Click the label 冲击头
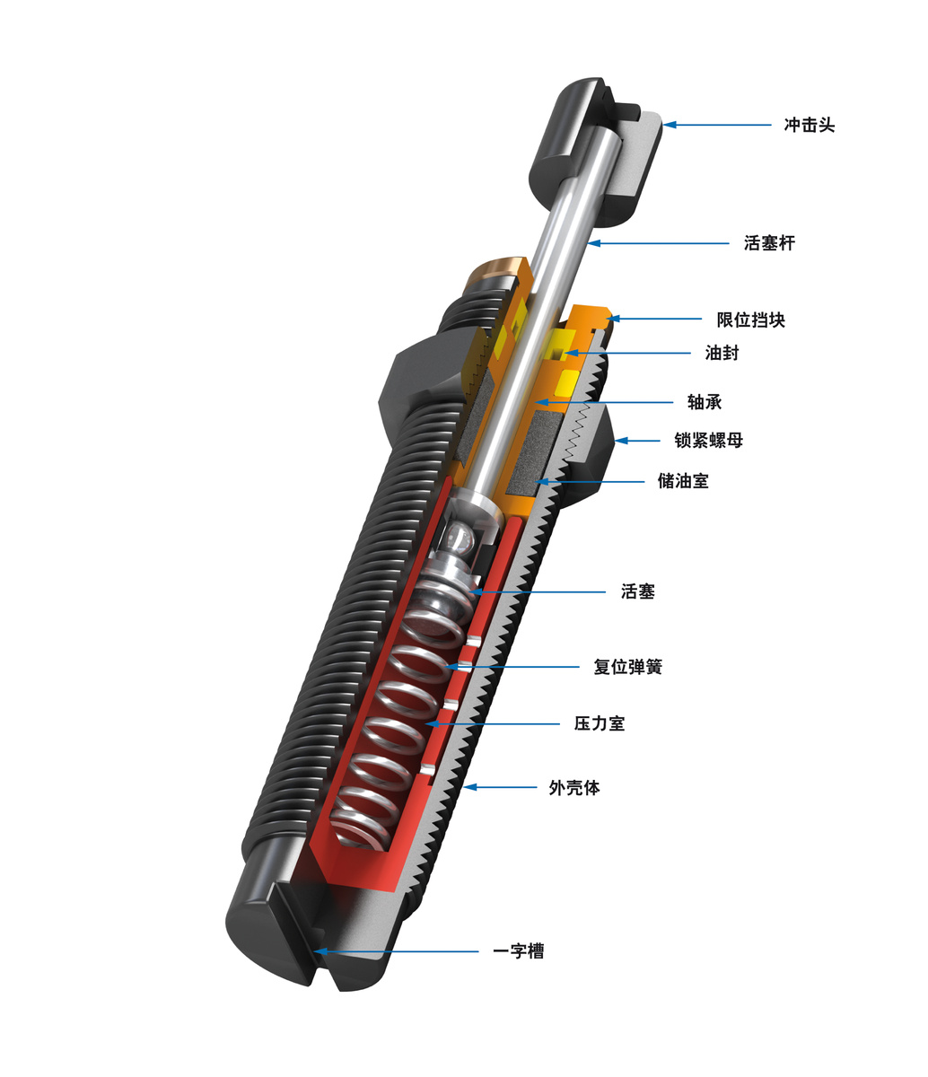click(x=809, y=125)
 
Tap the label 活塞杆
click(x=769, y=242)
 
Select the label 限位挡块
click(x=750, y=320)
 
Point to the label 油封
click(x=722, y=353)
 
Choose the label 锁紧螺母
click(x=709, y=440)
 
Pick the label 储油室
click(x=683, y=481)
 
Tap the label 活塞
click(x=638, y=591)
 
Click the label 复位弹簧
click(x=627, y=667)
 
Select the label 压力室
click(x=600, y=722)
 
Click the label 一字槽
click(x=519, y=950)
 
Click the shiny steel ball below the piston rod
click(x=460, y=538)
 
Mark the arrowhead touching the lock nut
click(x=620, y=440)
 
